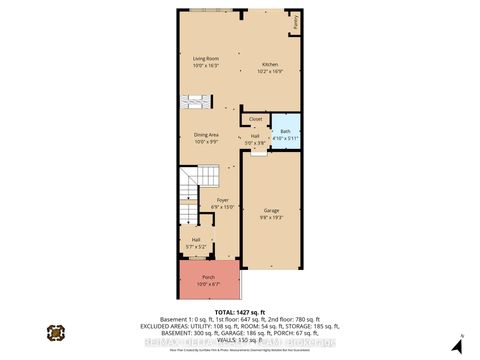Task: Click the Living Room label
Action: point(205,57)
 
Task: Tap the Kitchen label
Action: point(269,64)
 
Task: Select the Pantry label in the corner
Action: point(296,21)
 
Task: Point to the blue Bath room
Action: point(286,131)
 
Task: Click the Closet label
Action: point(256,119)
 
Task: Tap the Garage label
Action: point(272,212)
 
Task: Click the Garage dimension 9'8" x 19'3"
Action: point(272,218)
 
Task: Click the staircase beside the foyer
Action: point(188,200)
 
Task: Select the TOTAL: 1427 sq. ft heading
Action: point(240,308)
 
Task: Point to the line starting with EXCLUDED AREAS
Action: point(240,325)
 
